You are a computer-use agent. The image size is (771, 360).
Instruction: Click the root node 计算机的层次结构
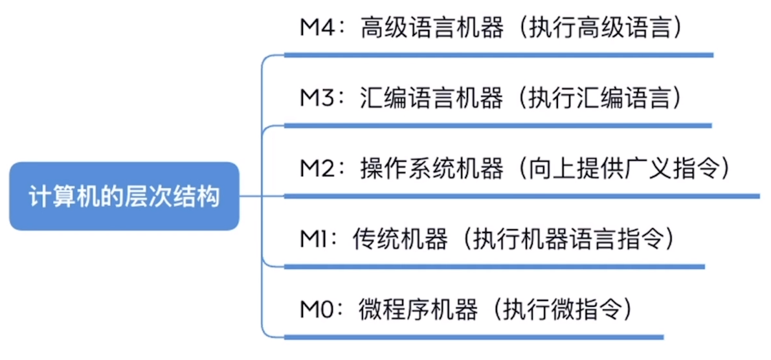pos(124,196)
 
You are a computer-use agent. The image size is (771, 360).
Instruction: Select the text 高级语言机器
pos(431,29)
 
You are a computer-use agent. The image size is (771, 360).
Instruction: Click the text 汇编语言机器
pos(431,99)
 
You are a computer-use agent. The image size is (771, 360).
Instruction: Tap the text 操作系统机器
pos(431,170)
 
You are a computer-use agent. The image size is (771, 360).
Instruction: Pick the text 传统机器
pos(399,240)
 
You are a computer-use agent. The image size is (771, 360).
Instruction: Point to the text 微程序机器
pos(418,309)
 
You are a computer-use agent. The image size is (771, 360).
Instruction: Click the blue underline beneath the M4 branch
pos(498,56)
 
